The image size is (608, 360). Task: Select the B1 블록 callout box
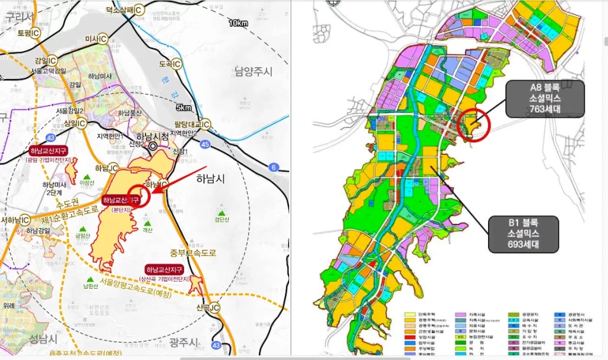(524, 234)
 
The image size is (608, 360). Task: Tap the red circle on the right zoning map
(473, 124)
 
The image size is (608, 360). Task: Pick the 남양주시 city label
(252, 72)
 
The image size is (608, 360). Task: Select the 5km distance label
(183, 108)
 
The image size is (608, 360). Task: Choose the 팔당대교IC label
(192, 124)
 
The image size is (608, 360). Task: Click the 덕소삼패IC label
(125, 10)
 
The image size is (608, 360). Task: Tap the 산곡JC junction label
(207, 307)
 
